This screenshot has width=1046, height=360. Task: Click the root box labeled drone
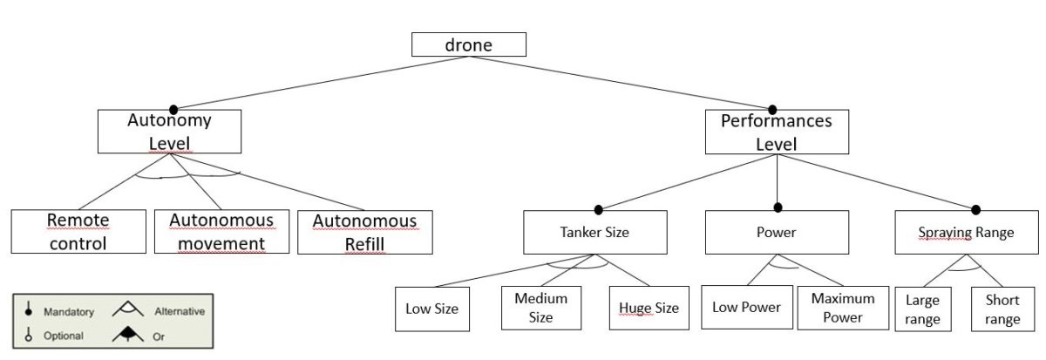point(469,44)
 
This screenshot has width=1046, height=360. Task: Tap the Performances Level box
point(776,132)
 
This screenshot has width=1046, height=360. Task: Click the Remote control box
point(78,232)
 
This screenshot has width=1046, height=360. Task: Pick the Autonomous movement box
point(221,232)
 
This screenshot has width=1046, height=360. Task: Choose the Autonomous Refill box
point(364,232)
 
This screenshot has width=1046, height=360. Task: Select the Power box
point(777,233)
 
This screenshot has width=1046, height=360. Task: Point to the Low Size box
point(431,308)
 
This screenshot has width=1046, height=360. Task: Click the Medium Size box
point(540,307)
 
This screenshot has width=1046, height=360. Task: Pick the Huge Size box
point(649,308)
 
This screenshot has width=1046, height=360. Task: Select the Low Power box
point(745,307)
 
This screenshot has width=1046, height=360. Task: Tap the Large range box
point(921,309)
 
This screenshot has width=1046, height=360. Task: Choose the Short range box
point(1002,309)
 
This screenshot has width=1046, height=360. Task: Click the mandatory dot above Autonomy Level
point(173,110)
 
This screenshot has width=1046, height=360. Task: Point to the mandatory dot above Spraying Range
point(976,209)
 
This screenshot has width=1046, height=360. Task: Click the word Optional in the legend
point(63,336)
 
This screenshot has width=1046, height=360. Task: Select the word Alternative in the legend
point(180,311)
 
